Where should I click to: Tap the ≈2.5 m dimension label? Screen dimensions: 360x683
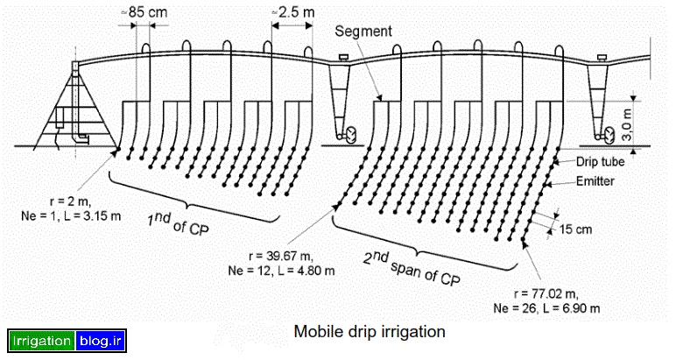tap(291, 13)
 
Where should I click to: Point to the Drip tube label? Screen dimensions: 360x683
tap(597, 162)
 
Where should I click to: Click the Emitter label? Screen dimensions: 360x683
tap(595, 180)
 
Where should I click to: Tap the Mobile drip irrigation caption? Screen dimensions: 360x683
tap(370, 332)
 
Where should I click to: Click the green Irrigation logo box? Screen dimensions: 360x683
tap(41, 342)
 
